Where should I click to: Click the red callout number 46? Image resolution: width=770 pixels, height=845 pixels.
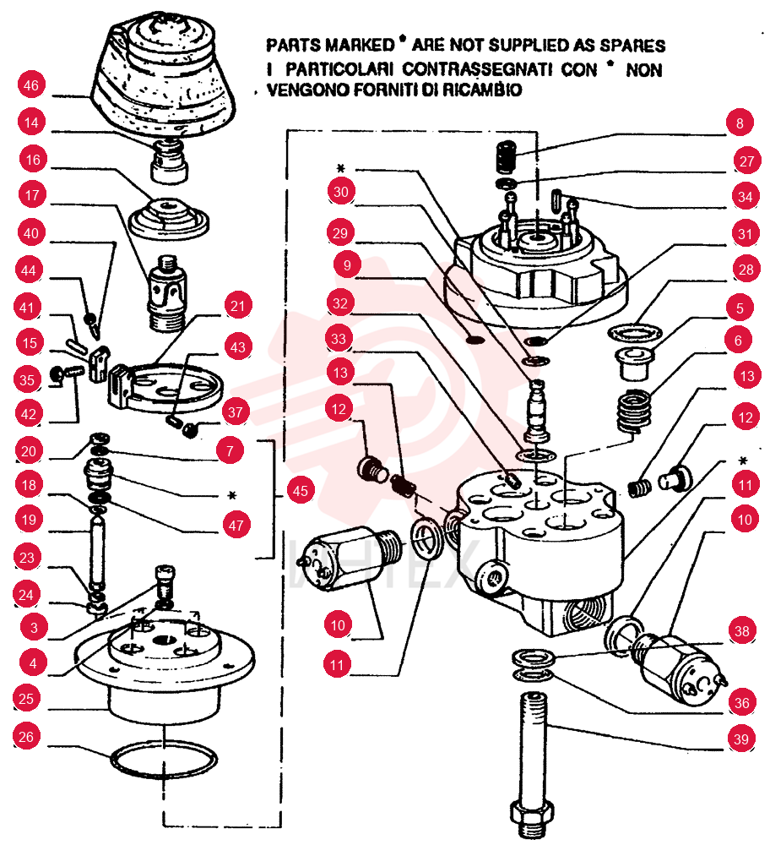(31, 85)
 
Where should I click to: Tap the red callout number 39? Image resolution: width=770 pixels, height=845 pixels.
(741, 739)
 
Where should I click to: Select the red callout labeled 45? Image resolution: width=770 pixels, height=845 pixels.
(301, 490)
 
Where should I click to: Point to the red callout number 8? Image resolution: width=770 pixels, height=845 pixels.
(740, 123)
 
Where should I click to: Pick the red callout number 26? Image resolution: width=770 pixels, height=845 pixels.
(26, 737)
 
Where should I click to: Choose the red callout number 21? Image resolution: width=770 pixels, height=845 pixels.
(237, 306)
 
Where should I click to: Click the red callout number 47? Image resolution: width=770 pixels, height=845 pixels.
(236, 525)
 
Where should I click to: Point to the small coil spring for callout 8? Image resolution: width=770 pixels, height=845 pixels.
(506, 155)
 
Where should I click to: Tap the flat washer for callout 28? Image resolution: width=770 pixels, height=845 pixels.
(636, 332)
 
